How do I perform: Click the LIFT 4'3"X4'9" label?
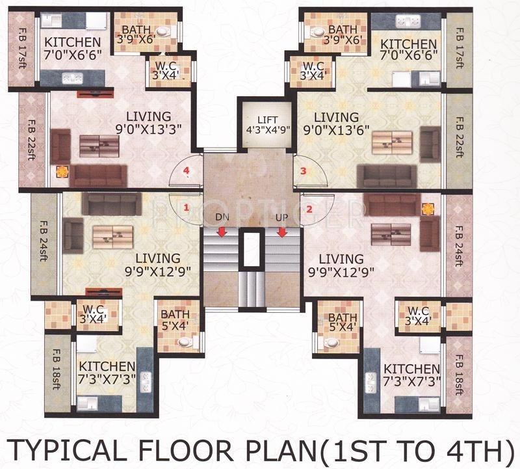(267, 126)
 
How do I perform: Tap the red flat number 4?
(187, 171)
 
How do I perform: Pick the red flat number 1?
(186, 208)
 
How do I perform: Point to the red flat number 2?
(309, 209)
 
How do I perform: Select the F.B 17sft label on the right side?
(459, 46)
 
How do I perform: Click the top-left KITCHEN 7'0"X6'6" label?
(73, 49)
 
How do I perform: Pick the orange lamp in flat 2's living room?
(427, 209)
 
